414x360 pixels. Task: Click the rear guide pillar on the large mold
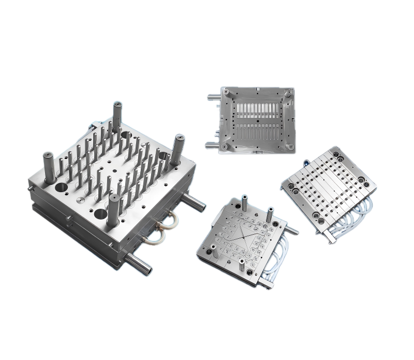coord(117,115)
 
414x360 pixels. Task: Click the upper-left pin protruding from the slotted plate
coord(213,97)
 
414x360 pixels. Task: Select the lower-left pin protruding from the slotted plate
coord(212,145)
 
